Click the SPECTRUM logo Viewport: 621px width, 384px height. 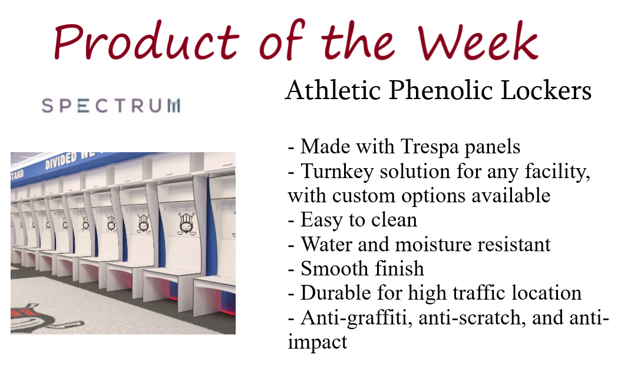[x=111, y=106]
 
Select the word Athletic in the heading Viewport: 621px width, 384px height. [x=333, y=90]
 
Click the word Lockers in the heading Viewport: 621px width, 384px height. [x=546, y=90]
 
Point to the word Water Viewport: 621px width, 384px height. [x=326, y=244]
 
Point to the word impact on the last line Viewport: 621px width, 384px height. [x=317, y=342]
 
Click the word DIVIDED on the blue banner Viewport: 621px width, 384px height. [x=61, y=160]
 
